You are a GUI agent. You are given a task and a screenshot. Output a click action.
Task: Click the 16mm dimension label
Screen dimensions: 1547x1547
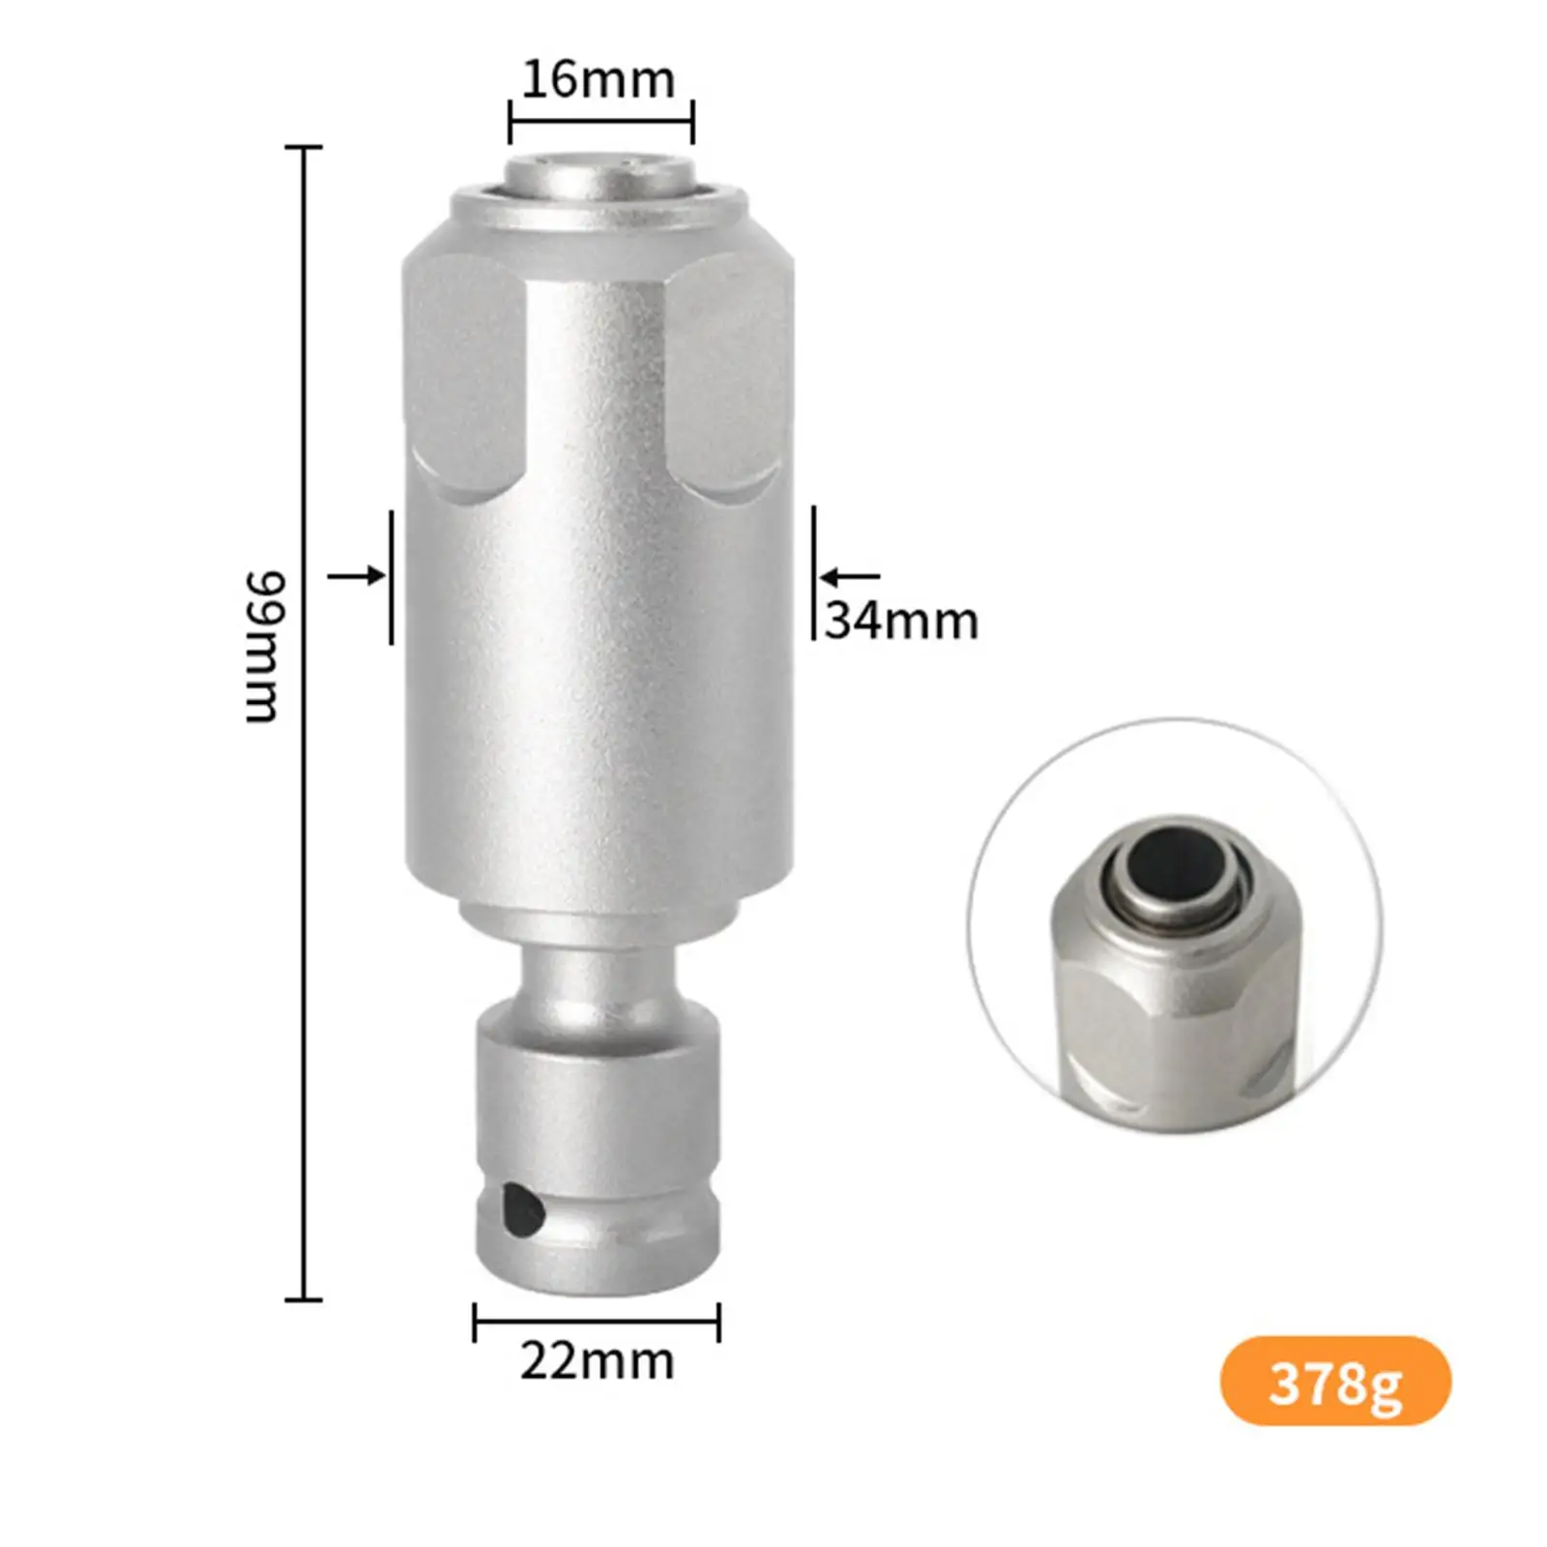[x=598, y=79]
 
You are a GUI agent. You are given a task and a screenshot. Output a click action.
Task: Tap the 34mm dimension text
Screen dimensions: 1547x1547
[x=901, y=621]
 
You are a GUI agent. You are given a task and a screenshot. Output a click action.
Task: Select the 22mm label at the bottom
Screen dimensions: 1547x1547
[x=597, y=1361]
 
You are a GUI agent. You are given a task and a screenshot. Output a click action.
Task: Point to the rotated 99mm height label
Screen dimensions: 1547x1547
[x=262, y=646]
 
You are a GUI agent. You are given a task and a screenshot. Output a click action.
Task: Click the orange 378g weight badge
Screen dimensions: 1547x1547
[x=1335, y=1384]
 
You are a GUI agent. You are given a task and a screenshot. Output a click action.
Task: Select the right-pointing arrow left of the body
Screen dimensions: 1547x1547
[x=357, y=576]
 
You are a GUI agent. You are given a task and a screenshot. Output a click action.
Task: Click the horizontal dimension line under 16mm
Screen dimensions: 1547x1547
[x=600, y=121]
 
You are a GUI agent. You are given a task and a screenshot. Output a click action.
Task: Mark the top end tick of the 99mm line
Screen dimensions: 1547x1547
[x=304, y=147]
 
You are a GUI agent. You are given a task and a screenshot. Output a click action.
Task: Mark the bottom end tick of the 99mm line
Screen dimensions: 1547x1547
[x=304, y=1299]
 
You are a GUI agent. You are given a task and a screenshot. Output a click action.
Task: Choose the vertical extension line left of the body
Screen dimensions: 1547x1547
[x=392, y=577]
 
